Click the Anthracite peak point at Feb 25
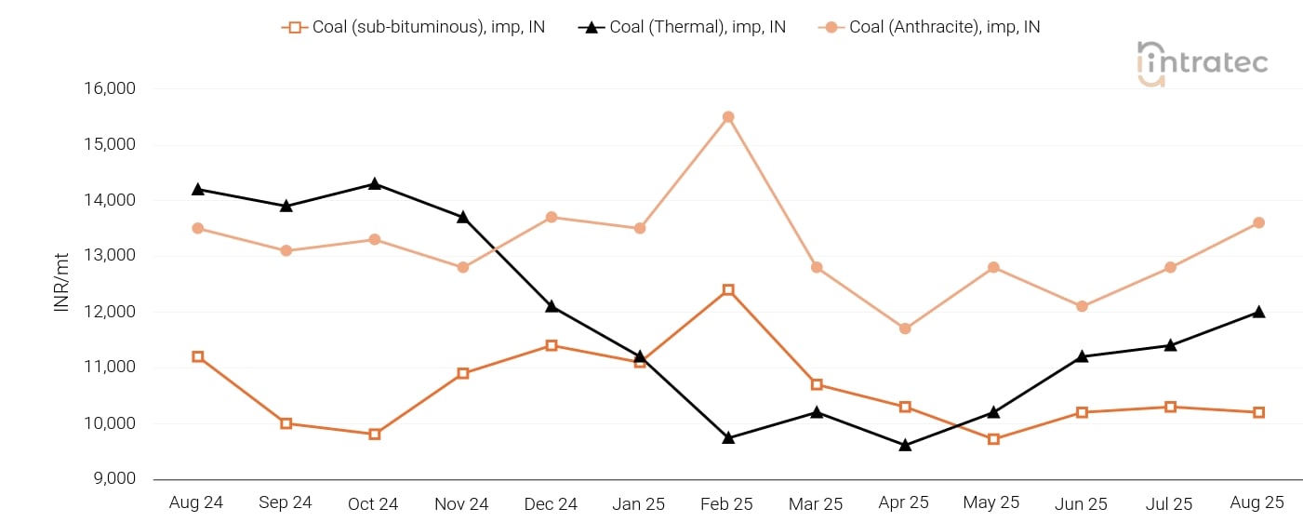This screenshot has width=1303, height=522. pyautogui.click(x=728, y=117)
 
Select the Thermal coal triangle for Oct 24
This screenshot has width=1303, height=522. pyautogui.click(x=375, y=184)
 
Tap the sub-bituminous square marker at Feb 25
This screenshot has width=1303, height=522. pyautogui.click(x=728, y=290)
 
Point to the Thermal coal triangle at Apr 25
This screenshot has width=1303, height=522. pyautogui.click(x=905, y=446)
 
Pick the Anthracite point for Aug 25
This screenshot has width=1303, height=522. pyautogui.click(x=1258, y=222)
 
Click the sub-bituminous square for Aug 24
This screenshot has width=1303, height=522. pyautogui.click(x=198, y=356)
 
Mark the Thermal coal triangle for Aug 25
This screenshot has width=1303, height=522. pyautogui.click(x=1258, y=312)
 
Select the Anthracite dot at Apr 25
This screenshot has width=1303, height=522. pyautogui.click(x=905, y=328)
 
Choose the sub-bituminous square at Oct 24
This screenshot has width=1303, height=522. pyautogui.click(x=375, y=434)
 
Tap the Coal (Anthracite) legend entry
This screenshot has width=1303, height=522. pyautogui.click(x=930, y=27)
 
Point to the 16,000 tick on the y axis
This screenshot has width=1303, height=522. pyautogui.click(x=111, y=89)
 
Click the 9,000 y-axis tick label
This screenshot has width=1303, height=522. pyautogui.click(x=114, y=479)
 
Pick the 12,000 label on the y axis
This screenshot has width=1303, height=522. pyautogui.click(x=111, y=312)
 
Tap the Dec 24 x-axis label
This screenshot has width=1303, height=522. pyautogui.click(x=551, y=504)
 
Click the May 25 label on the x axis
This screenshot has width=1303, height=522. pyautogui.click(x=991, y=503)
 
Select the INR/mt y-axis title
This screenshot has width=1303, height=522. pyautogui.click(x=62, y=284)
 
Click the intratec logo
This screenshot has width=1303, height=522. pyautogui.click(x=1203, y=63)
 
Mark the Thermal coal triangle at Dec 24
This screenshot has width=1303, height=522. pyautogui.click(x=552, y=306)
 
